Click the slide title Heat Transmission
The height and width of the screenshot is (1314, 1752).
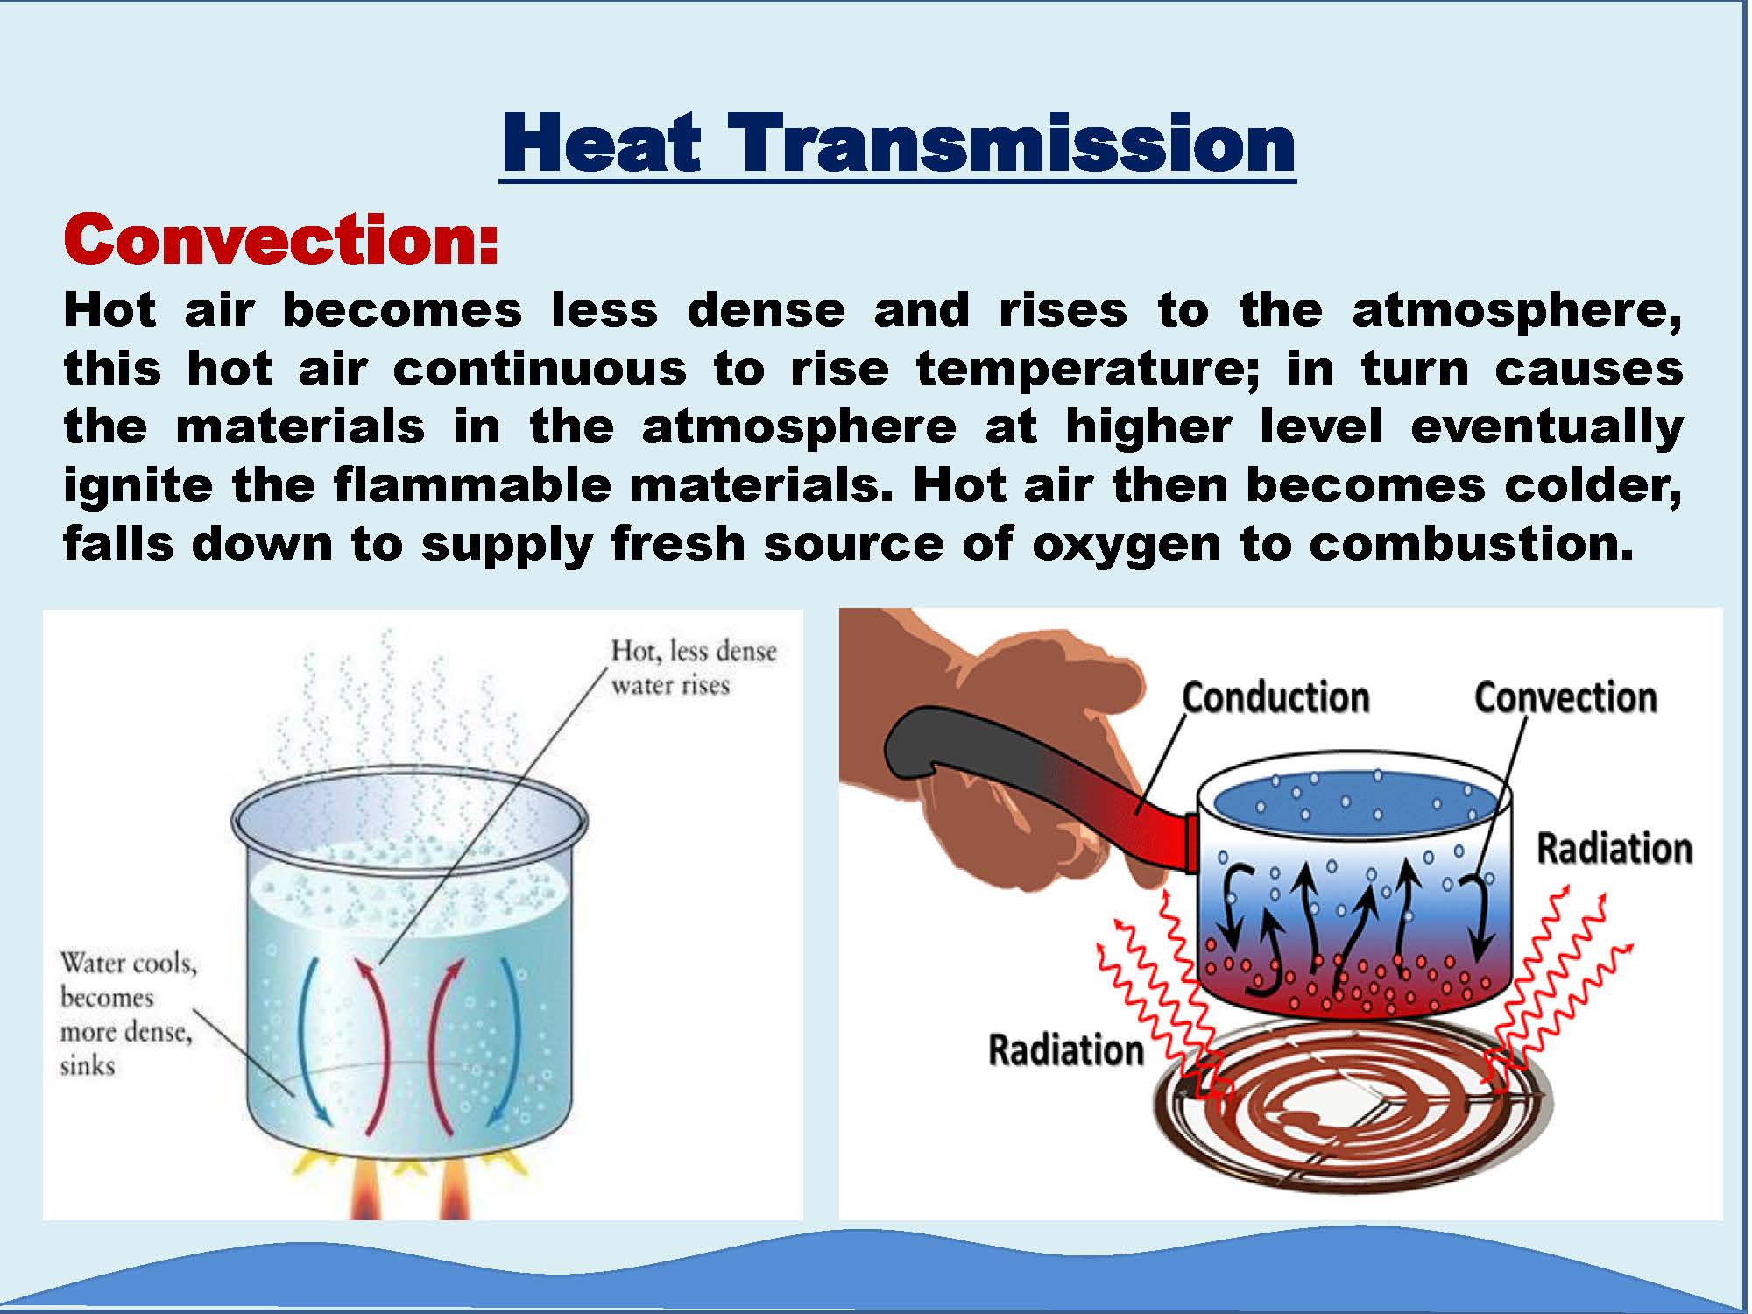pyautogui.click(x=898, y=143)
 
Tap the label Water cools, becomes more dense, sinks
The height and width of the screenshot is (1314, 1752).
pyautogui.click(x=128, y=1014)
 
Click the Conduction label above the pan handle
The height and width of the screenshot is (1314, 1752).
pyautogui.click(x=1275, y=698)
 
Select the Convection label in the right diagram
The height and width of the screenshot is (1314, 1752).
pyautogui.click(x=1565, y=698)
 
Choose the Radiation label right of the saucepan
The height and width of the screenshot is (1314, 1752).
pyautogui.click(x=1614, y=849)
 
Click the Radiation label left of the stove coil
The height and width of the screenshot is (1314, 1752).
pyautogui.click(x=1066, y=1049)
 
